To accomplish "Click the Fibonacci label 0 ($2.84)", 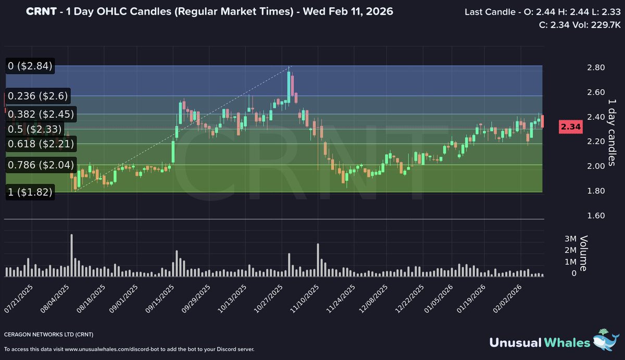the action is click(30, 66).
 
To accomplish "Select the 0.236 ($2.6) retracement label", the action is click(38, 96).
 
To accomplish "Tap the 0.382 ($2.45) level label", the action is click(41, 114).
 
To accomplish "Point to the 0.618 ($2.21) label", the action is click(41, 144).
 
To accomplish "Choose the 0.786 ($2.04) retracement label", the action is click(41, 165).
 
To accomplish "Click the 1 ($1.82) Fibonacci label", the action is click(30, 192).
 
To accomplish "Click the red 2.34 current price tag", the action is click(571, 127).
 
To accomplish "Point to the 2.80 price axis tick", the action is click(596, 68).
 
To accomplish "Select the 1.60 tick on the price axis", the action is click(596, 216).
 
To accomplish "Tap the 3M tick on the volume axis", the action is click(570, 239).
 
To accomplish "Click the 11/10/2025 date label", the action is click(304, 299).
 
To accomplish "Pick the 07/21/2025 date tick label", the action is click(18, 299).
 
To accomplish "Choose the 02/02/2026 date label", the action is click(507, 299).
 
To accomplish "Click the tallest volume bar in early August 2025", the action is click(72, 255).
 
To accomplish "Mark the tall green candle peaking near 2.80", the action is click(289, 86).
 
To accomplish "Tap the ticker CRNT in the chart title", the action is click(41, 11).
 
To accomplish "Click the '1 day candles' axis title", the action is click(611, 132).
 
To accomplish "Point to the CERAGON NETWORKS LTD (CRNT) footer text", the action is click(49, 334).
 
